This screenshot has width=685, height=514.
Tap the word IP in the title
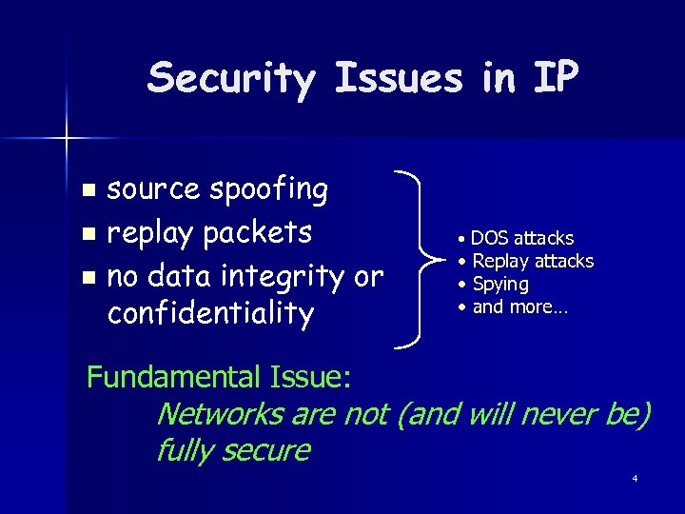pyautogui.click(x=554, y=78)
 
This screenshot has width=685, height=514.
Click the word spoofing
pyautogui.click(x=269, y=190)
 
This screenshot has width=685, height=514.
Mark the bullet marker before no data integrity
pyautogui.click(x=88, y=278)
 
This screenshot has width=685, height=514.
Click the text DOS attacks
pyautogui.click(x=522, y=238)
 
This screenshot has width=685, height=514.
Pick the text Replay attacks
pyautogui.click(x=533, y=261)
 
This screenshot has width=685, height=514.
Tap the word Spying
pyautogui.click(x=500, y=284)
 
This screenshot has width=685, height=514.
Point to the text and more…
pyautogui.click(x=519, y=306)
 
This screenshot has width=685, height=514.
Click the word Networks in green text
pyautogui.click(x=220, y=414)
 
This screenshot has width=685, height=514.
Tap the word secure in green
pyautogui.click(x=265, y=449)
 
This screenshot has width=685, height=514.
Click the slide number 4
pyautogui.click(x=634, y=478)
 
